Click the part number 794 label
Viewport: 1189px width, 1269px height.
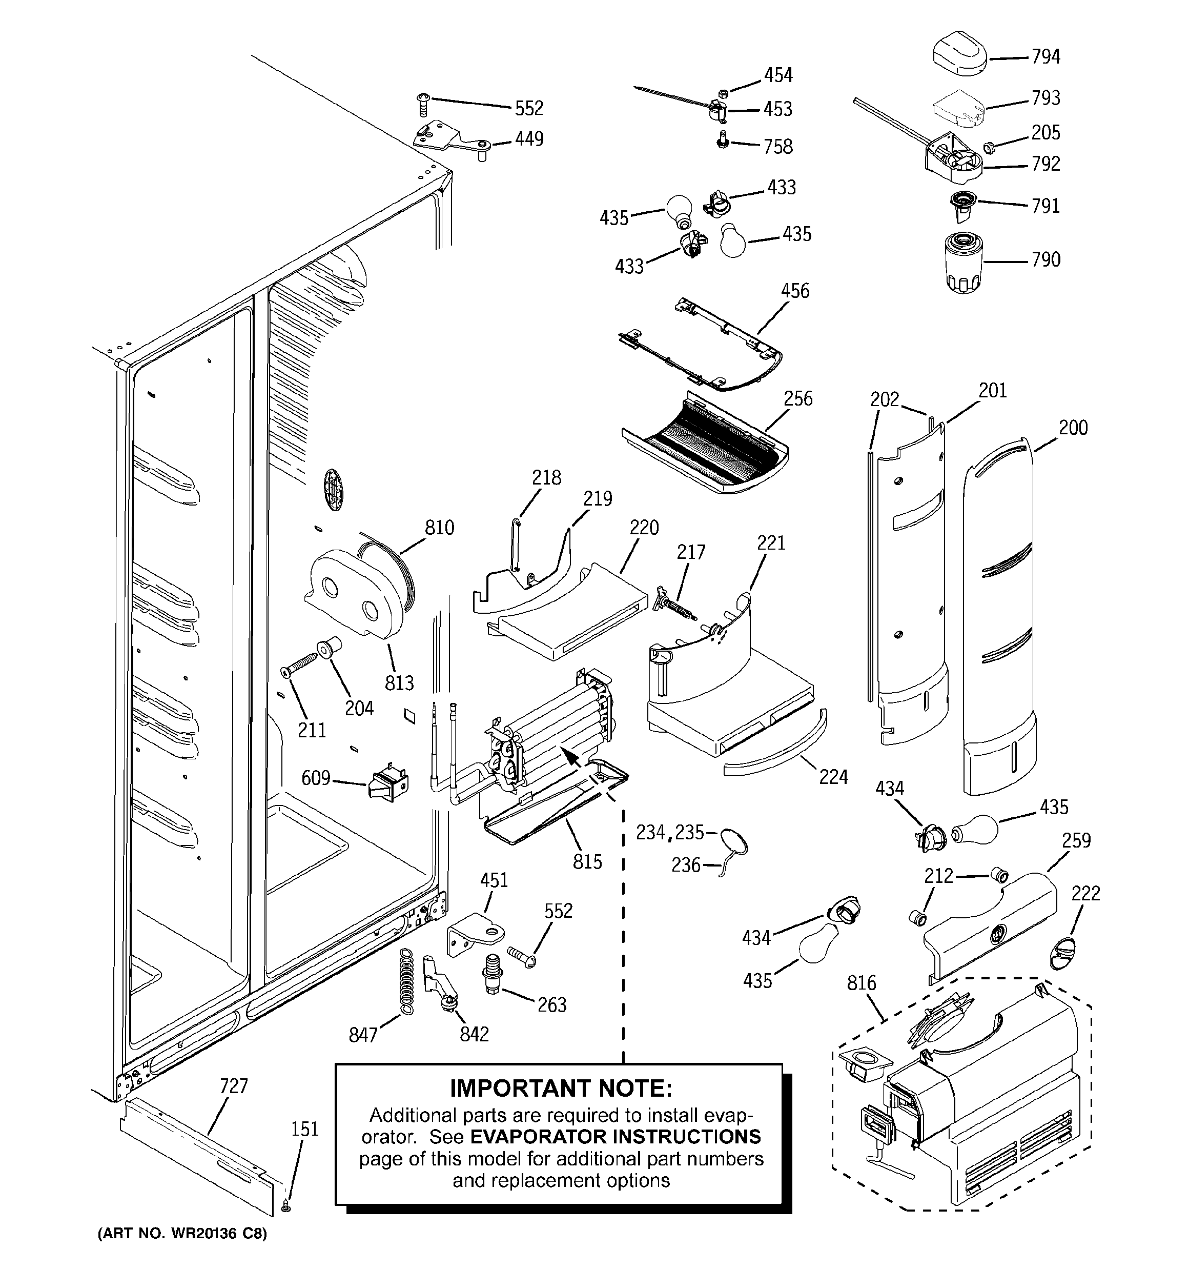[1045, 57]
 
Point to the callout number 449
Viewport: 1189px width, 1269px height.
[529, 139]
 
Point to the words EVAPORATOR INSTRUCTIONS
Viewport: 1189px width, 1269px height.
[615, 1137]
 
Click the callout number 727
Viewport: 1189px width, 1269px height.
[234, 1086]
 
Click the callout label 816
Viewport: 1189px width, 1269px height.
[862, 983]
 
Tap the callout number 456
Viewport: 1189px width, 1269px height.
[795, 291]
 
